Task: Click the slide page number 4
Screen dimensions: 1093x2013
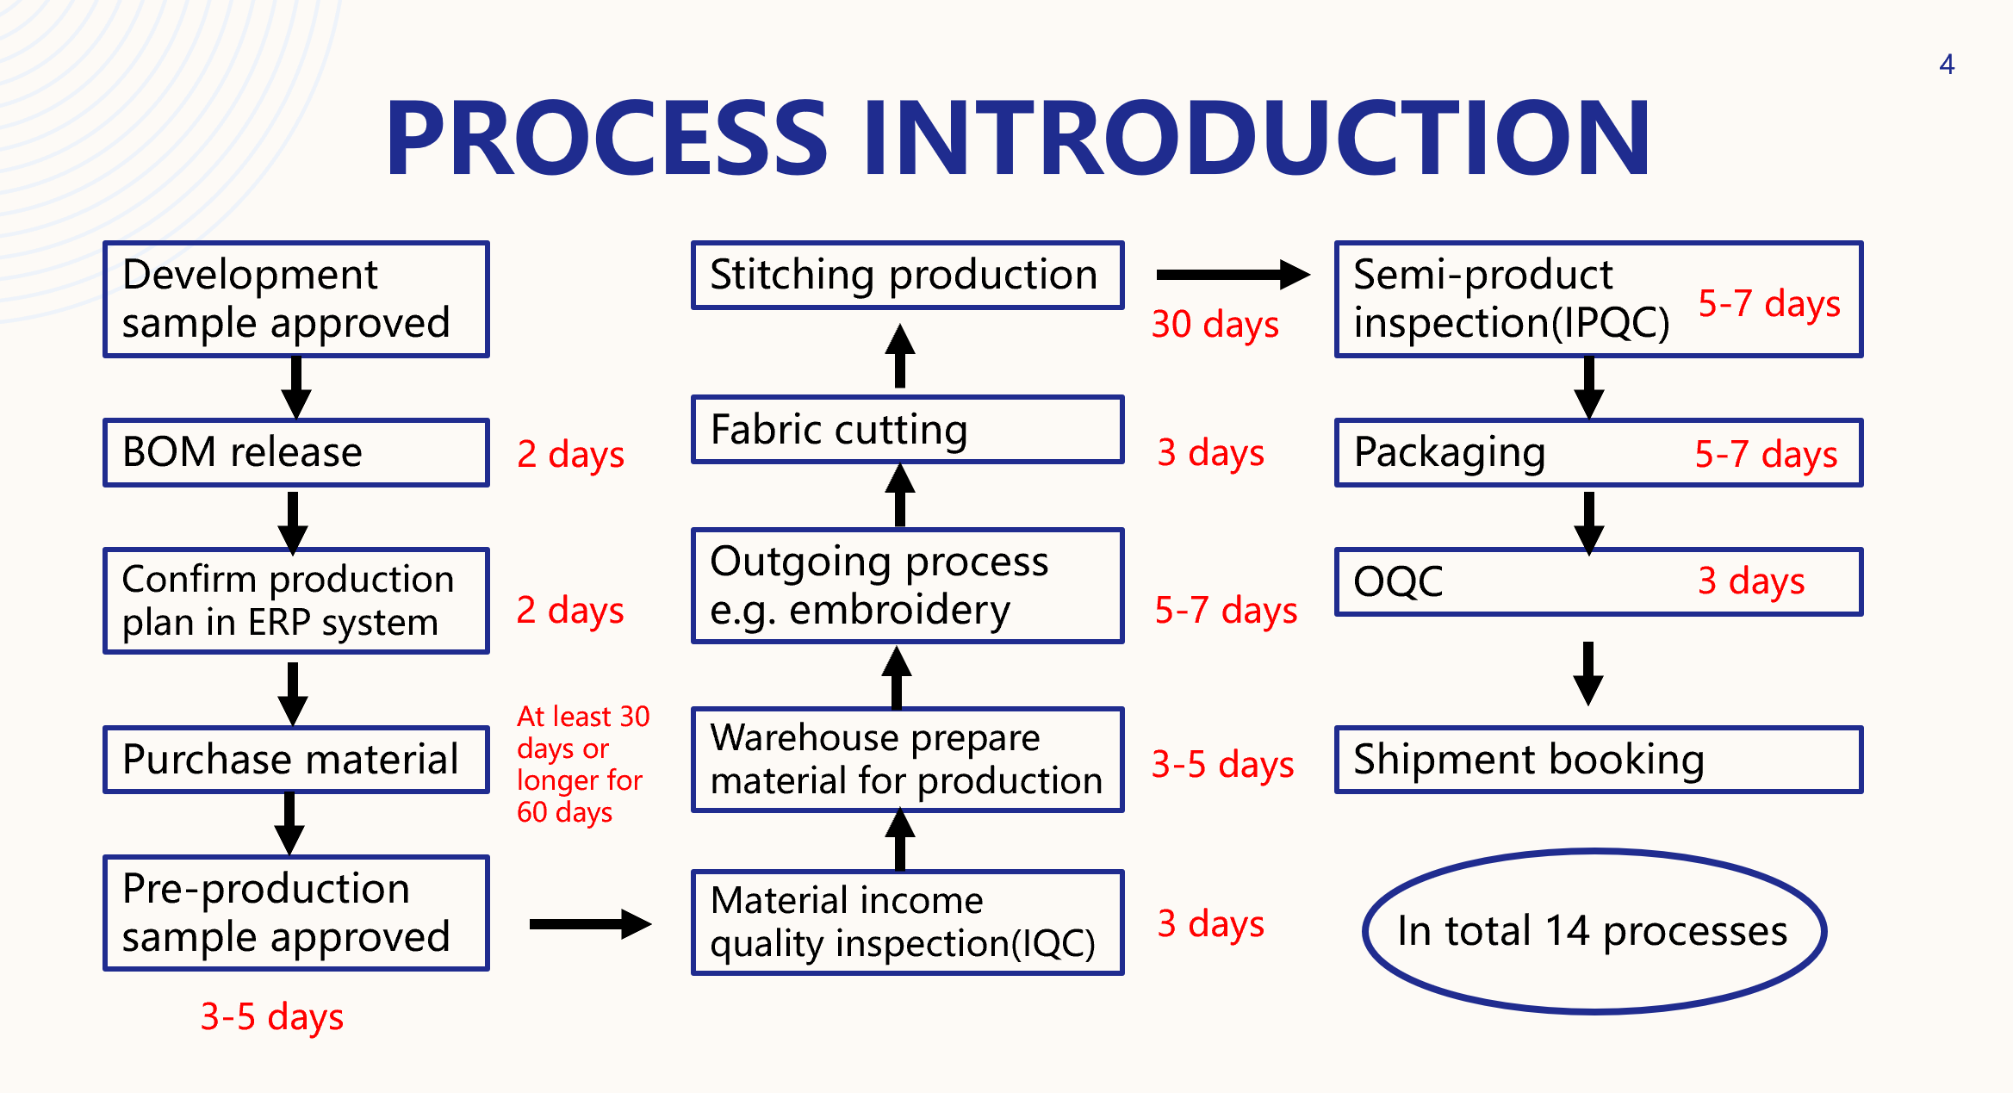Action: [x=1946, y=65]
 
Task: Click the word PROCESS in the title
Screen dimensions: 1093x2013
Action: [x=606, y=138]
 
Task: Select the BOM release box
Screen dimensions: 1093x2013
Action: [x=295, y=453]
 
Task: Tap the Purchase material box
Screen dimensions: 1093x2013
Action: [x=295, y=760]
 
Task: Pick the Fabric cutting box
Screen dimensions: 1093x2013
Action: [x=907, y=430]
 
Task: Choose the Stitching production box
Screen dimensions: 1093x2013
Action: [x=907, y=276]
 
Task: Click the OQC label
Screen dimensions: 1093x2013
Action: [x=1398, y=581]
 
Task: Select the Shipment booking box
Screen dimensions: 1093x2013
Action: [x=1598, y=760]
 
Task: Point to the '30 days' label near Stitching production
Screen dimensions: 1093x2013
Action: [x=1215, y=325]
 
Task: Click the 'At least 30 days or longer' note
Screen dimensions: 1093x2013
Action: [x=581, y=764]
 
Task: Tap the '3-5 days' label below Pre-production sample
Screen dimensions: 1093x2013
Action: [x=271, y=1017]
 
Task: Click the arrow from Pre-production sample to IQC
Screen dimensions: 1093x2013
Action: [x=590, y=924]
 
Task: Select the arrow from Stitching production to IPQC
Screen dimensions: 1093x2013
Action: [x=1232, y=275]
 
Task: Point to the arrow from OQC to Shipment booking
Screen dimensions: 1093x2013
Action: [x=1588, y=673]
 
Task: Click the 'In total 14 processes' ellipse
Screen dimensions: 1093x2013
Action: [x=1594, y=931]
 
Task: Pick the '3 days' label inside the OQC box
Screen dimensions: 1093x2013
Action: [x=1751, y=581]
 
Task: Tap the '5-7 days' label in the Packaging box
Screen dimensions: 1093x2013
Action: [x=1766, y=454]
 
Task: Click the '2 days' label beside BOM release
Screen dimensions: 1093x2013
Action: [x=570, y=454]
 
